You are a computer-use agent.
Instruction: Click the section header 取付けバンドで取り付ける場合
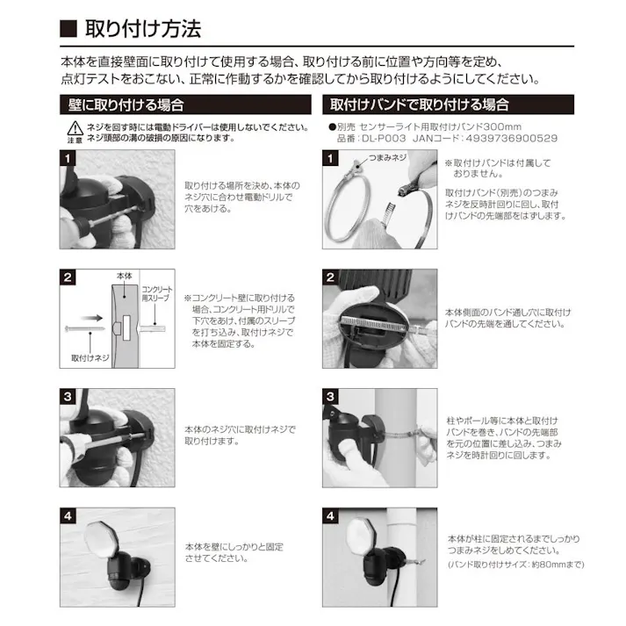[420, 104]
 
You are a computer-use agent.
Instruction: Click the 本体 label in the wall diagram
[123, 277]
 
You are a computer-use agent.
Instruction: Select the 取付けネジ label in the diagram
[88, 358]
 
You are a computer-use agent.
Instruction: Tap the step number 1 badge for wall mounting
[68, 158]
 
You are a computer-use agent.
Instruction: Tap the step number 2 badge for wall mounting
[68, 278]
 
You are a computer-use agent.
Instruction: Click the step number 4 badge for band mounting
[330, 516]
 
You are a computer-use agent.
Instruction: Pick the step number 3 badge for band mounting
[330, 397]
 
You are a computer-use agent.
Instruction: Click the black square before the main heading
[68, 29]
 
